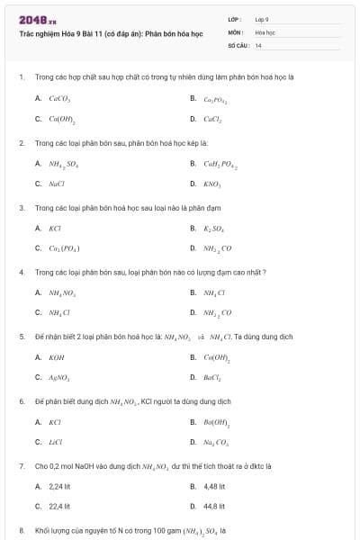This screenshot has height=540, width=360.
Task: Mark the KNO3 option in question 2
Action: coord(212,184)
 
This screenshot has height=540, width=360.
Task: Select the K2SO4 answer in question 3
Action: coord(214,228)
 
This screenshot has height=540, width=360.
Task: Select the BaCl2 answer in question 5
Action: coord(213,377)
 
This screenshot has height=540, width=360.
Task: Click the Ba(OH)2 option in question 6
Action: coord(217,421)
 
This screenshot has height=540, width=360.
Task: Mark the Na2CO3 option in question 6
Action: coord(217,442)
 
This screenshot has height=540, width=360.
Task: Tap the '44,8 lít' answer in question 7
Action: coord(213,507)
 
